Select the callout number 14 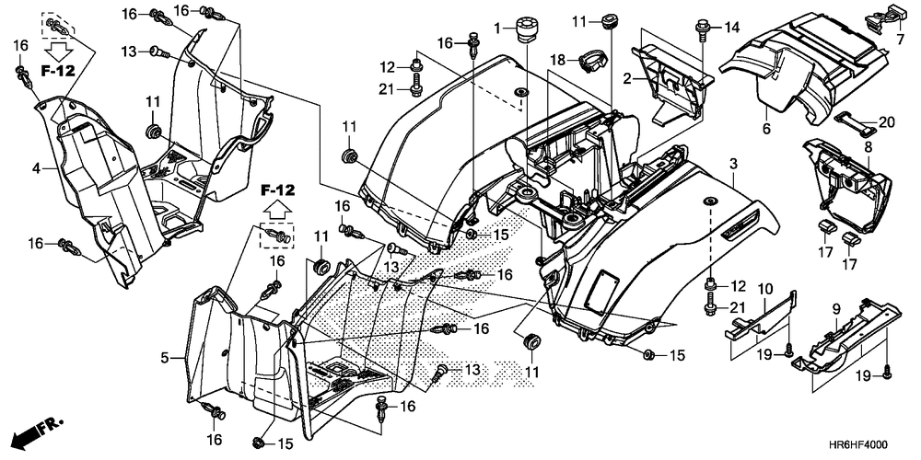pyautogui.click(x=731, y=27)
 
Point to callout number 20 pyautogui.click(x=886, y=121)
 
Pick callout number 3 pyautogui.click(x=734, y=164)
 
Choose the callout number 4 pyautogui.click(x=37, y=168)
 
